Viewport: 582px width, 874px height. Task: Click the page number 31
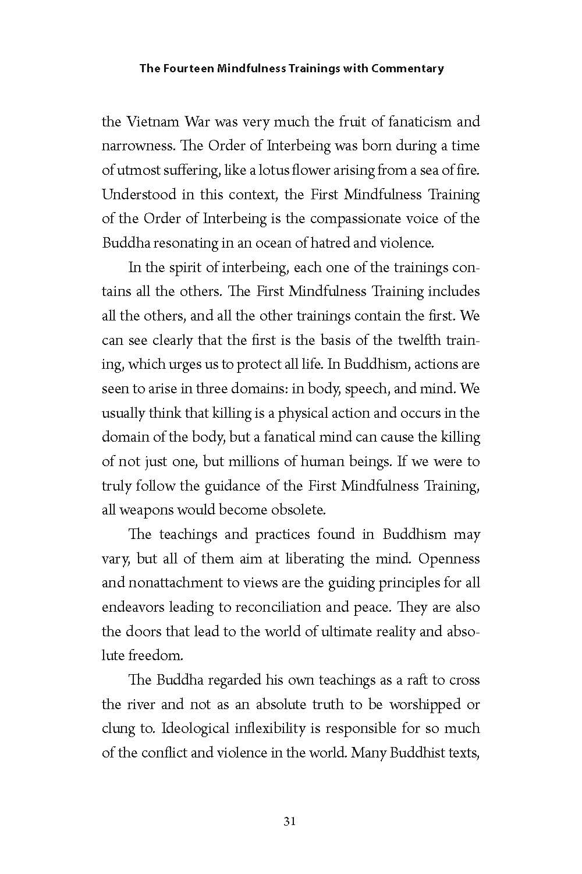pos(290,822)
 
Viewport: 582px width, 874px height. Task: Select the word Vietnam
pos(151,122)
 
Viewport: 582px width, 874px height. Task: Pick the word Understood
pos(138,195)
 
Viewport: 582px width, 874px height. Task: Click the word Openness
pos(449,559)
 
